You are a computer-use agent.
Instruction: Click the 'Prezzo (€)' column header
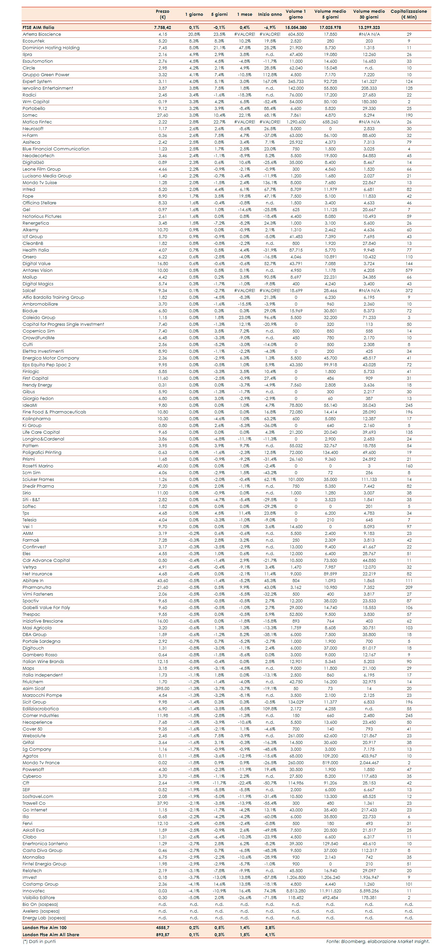pyautogui.click(x=163, y=14)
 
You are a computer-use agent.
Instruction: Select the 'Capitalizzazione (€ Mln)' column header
pyautogui.click(x=409, y=14)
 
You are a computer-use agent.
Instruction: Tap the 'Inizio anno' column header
pyautogui.click(x=270, y=14)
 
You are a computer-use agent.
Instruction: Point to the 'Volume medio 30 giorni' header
pyautogui.click(x=369, y=14)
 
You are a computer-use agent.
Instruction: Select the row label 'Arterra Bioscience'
pyautogui.click(x=42, y=34)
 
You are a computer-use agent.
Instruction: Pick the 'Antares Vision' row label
pyautogui.click(x=37, y=270)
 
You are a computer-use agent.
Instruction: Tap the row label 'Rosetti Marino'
pyautogui.click(x=38, y=466)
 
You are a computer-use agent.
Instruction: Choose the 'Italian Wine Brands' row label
pyautogui.click(x=43, y=661)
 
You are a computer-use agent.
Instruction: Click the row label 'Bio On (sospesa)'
pyautogui.click(x=40, y=904)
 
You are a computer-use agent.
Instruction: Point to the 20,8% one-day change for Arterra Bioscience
pyautogui.click(x=194, y=34)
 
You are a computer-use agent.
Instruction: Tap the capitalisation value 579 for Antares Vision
pyautogui.click(x=409, y=270)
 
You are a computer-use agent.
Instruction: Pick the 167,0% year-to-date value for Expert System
pyautogui.click(x=270, y=81)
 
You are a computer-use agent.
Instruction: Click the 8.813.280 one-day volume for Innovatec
pyautogui.click(x=296, y=891)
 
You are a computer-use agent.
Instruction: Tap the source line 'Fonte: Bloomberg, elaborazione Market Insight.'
pyautogui.click(x=377, y=941)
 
